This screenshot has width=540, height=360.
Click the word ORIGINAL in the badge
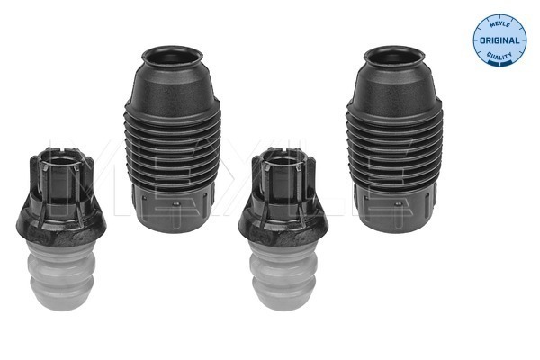pos(499,40)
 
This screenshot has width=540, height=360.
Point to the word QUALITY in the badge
pos(499,55)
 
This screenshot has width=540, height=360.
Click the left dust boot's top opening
pos(172,56)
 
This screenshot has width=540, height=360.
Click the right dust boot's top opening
pos(394,56)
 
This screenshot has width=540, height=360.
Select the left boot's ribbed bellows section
pos(172,148)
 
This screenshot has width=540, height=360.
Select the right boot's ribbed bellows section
pos(394,148)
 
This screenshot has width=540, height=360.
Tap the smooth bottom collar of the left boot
pos(173,210)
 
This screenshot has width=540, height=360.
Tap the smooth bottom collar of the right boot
pos(396,210)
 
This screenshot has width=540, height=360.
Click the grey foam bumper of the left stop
pos(60,274)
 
